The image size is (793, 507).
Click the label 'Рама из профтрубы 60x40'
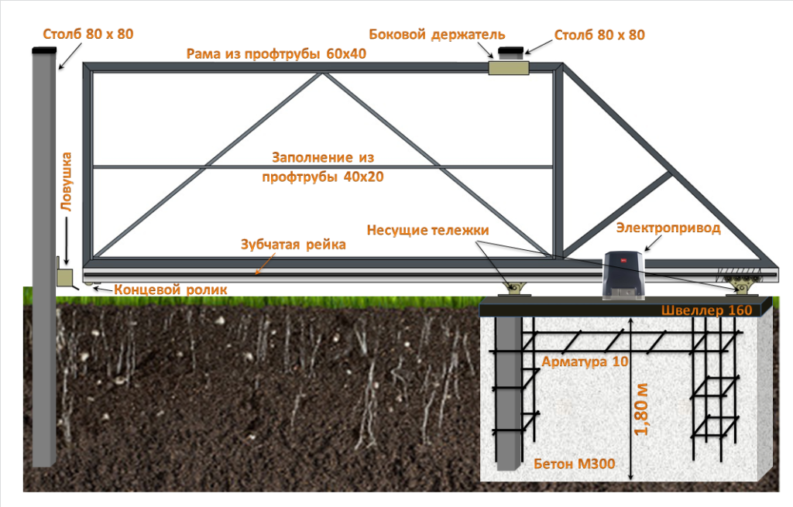coord(276,54)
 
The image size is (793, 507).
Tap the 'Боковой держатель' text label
coord(437,35)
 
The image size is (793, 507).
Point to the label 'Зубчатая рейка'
coord(292,245)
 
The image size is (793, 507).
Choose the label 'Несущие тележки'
coord(428,230)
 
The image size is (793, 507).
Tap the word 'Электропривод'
coord(668,228)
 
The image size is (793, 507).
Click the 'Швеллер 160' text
coord(707,310)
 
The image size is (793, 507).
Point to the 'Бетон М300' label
coord(574,464)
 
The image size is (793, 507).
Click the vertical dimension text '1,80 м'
coord(643,409)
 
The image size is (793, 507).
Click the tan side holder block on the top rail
coord(508,68)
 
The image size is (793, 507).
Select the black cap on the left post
coord(44,50)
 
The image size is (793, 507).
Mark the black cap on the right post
coord(511,51)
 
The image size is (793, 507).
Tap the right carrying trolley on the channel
coord(742,289)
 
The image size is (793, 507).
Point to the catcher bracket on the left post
coord(64,276)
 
